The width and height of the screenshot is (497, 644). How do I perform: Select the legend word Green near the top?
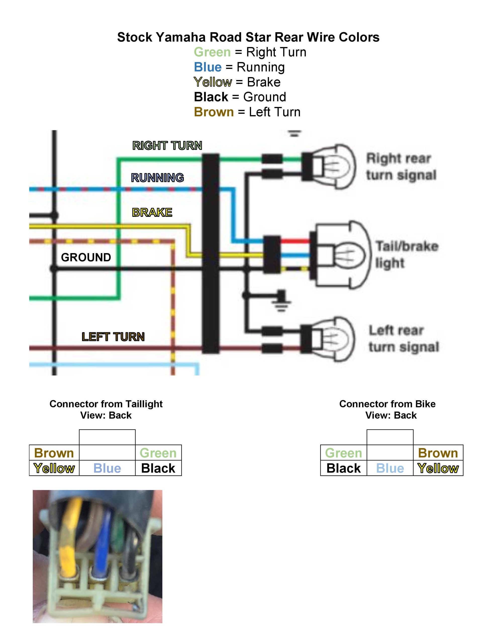click(x=212, y=52)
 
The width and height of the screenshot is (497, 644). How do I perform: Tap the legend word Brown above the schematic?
click(x=214, y=112)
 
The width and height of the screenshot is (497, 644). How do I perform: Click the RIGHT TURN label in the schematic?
click(x=167, y=145)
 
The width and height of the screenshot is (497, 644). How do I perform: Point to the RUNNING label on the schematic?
click(x=157, y=178)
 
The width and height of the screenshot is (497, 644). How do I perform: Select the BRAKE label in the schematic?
click(x=152, y=212)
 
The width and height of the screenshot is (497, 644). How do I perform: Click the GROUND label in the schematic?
click(x=86, y=257)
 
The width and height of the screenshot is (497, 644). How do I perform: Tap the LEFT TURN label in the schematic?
click(x=113, y=337)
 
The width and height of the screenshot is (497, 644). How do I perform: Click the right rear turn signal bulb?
click(x=330, y=167)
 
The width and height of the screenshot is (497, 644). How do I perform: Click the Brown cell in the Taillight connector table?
click(x=54, y=453)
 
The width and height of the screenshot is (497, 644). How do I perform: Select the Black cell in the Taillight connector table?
click(x=159, y=468)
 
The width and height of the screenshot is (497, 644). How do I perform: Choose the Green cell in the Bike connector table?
click(x=343, y=453)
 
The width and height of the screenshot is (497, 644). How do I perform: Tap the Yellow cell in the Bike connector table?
click(x=438, y=468)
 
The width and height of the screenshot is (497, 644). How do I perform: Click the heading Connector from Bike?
click(x=387, y=404)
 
